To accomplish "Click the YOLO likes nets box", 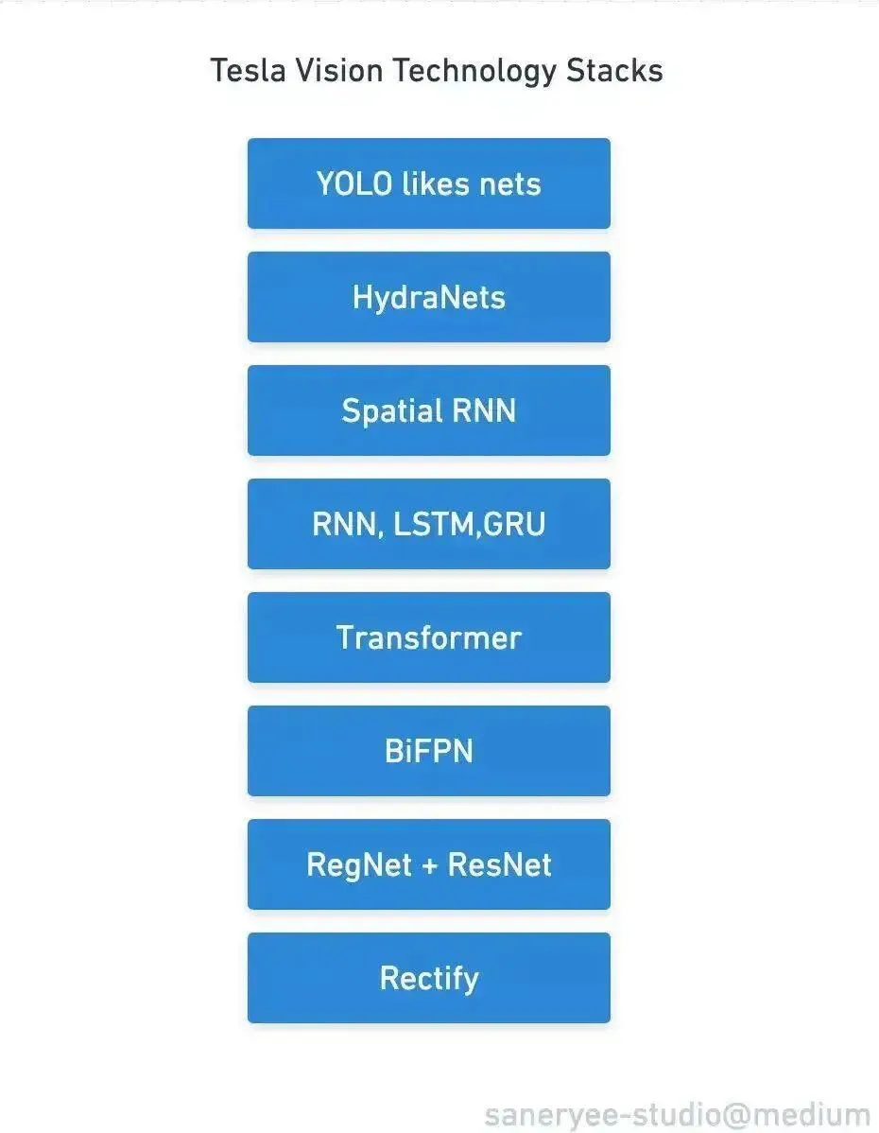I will click(x=428, y=183).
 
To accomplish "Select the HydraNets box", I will click(x=428, y=297).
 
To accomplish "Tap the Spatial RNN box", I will click(x=428, y=410).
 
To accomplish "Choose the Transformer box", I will click(x=428, y=637).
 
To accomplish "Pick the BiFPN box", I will click(x=428, y=751).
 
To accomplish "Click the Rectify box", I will click(x=428, y=978).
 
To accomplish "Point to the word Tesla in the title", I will click(x=243, y=71).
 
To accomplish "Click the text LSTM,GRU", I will click(x=487, y=525).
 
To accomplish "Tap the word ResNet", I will click(x=500, y=865).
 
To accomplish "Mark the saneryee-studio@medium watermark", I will click(x=677, y=1115).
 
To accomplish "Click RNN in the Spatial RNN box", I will click(x=484, y=411).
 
